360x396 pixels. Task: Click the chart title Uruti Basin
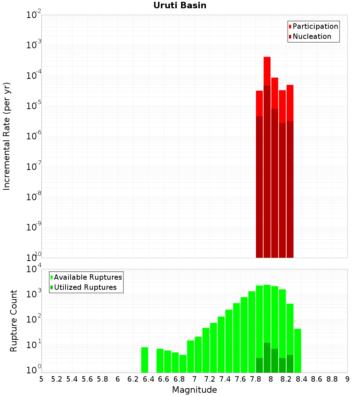point(180,5)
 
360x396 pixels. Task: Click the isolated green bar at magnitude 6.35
point(144,360)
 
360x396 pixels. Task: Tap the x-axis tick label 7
point(194,379)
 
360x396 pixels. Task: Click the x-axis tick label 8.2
point(286,379)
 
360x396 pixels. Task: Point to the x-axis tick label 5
point(41,379)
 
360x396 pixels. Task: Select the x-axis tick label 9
point(347,379)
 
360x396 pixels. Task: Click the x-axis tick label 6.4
point(148,379)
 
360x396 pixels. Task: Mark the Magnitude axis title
point(194,390)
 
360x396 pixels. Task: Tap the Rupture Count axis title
point(14,321)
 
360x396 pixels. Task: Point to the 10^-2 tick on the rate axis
point(33,15)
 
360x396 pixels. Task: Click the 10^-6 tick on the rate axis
point(33,136)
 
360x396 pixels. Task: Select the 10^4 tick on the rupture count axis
point(33,269)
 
